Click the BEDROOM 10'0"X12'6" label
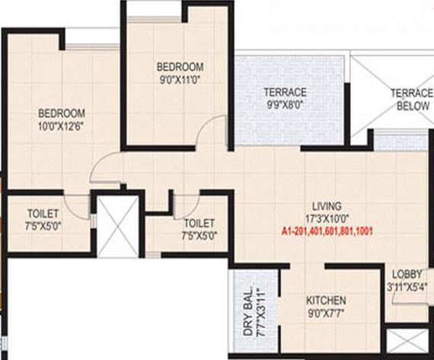pyautogui.click(x=60, y=120)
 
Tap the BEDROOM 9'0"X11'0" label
pyautogui.click(x=180, y=71)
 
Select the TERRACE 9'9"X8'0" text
pyautogui.click(x=285, y=98)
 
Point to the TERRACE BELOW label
pyautogui.click(x=411, y=99)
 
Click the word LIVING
pyautogui.click(x=326, y=205)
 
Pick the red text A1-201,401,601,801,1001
pyautogui.click(x=329, y=229)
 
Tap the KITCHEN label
pyautogui.click(x=326, y=300)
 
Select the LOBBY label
pyautogui.click(x=408, y=275)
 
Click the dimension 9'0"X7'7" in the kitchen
pyautogui.click(x=326, y=312)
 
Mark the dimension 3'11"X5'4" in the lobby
pyautogui.click(x=409, y=287)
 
